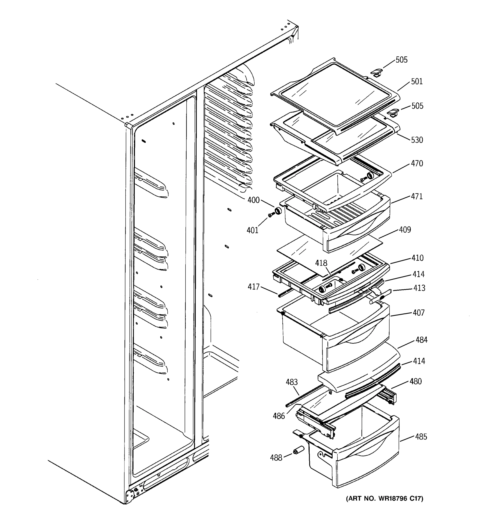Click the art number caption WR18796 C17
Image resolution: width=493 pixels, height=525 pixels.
click(x=385, y=499)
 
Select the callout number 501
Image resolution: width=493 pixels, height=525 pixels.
click(x=417, y=81)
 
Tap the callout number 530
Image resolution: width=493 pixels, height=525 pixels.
click(x=417, y=140)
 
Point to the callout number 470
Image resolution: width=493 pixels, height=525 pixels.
click(x=417, y=163)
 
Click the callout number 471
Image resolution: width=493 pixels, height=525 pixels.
click(x=417, y=196)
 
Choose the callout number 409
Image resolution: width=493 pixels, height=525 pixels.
click(x=405, y=229)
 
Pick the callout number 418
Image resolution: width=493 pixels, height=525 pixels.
click(x=321, y=263)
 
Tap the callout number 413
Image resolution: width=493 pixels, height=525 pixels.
click(x=419, y=288)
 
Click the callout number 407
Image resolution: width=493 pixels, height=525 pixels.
click(x=419, y=313)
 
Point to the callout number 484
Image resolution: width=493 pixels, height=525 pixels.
click(x=421, y=340)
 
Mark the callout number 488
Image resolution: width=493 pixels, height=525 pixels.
click(x=276, y=458)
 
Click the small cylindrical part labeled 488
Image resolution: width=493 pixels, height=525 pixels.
click(x=298, y=450)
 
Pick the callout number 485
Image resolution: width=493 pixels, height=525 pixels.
click(x=421, y=437)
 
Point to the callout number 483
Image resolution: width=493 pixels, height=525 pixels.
click(x=291, y=382)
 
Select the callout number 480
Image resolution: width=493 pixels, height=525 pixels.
click(x=415, y=381)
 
